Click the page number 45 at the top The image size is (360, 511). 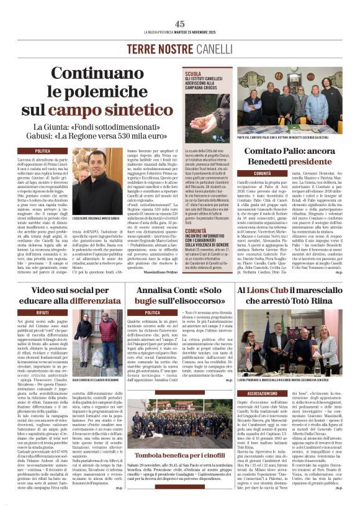(179, 24)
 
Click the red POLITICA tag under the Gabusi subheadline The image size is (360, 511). (43, 151)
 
